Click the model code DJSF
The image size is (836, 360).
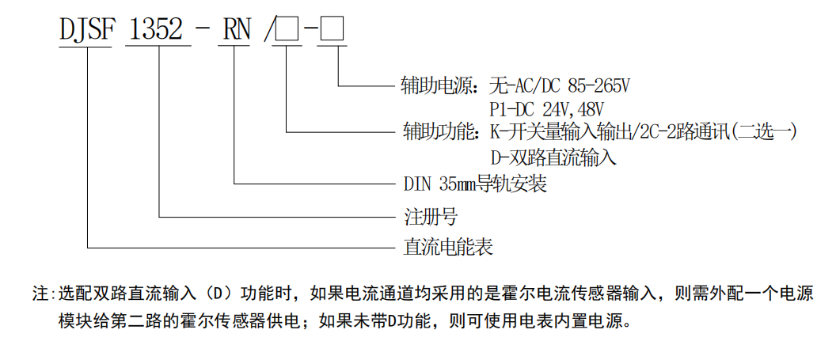(x=87, y=30)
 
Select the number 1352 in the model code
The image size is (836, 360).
(x=156, y=30)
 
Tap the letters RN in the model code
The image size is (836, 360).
(x=237, y=30)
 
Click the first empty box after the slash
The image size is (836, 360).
(x=287, y=30)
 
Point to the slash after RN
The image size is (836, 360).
(x=268, y=30)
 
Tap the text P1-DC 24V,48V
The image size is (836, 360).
(x=547, y=109)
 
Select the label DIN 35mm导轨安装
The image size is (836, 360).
(x=475, y=184)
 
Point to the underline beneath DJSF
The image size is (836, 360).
(x=85, y=47)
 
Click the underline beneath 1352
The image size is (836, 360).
(x=158, y=47)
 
